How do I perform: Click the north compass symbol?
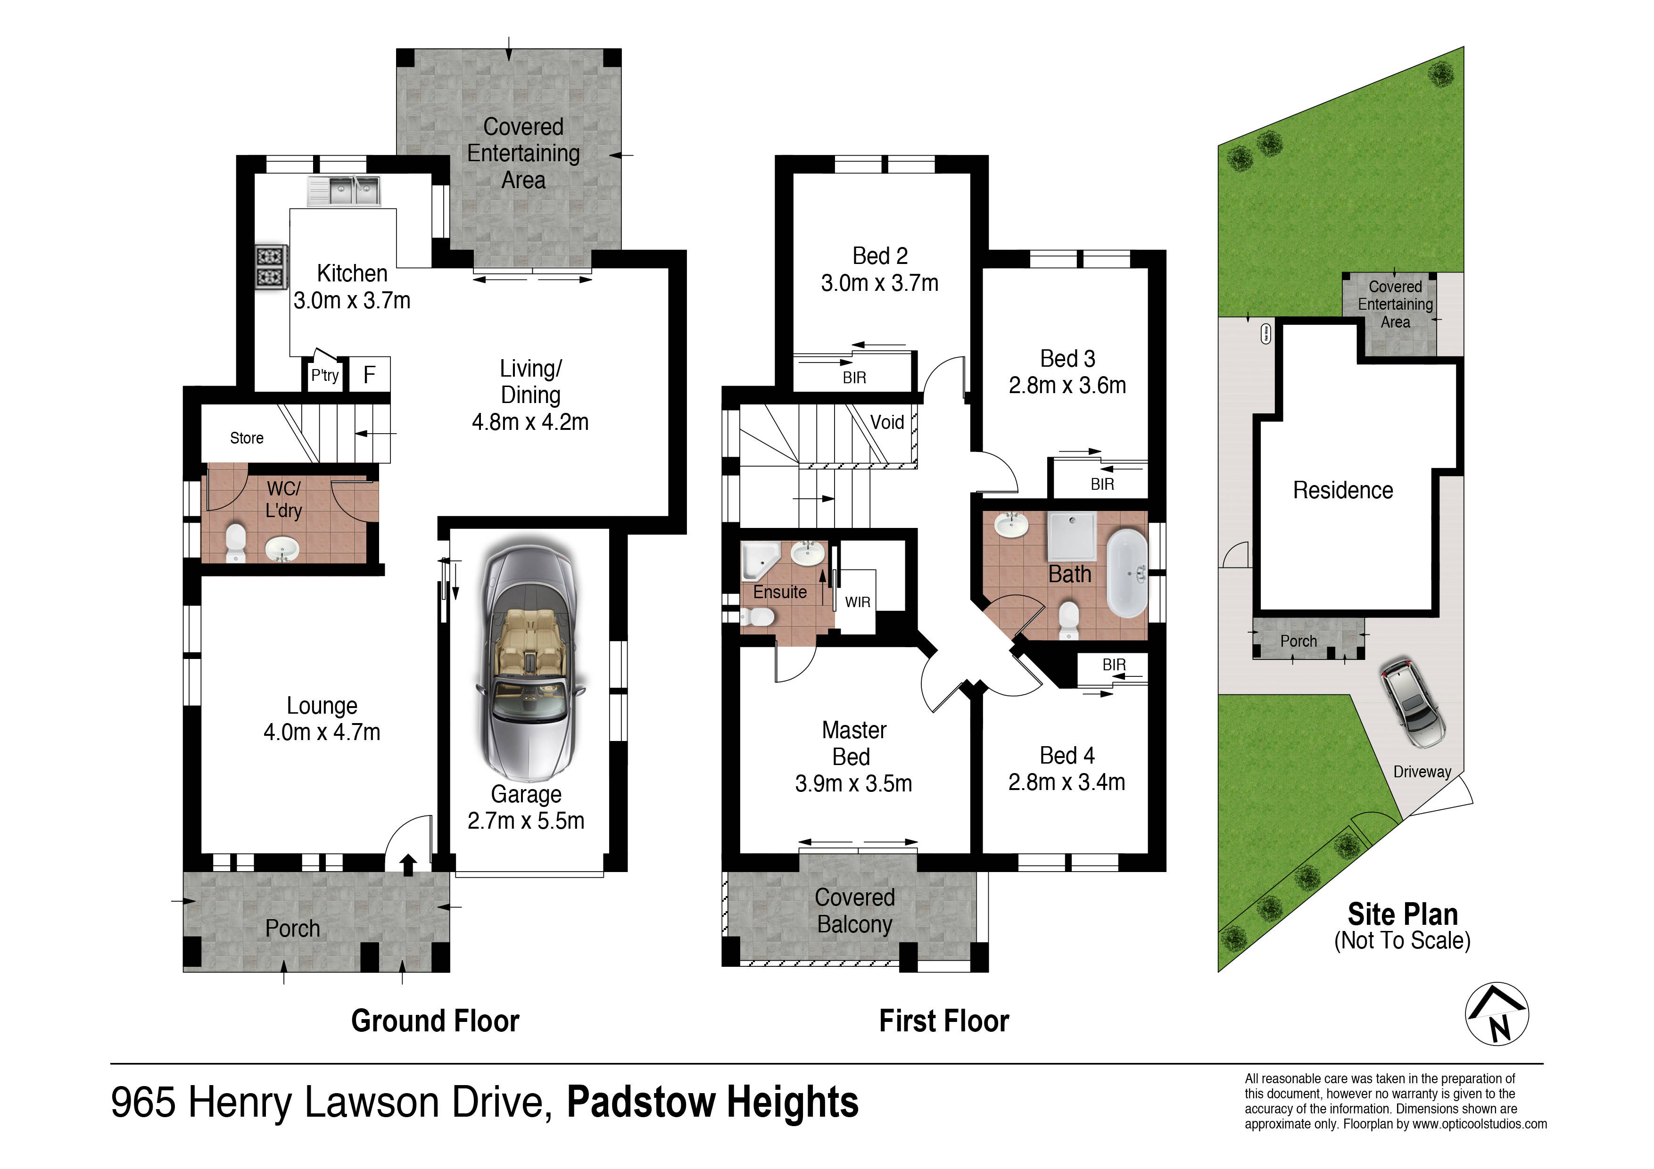1497,1013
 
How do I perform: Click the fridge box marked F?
370,375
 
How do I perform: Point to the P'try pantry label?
325,375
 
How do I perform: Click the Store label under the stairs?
247,438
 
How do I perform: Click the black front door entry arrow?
408,865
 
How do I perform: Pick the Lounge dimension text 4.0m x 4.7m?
322,733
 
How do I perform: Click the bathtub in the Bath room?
1127,573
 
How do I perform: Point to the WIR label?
857,602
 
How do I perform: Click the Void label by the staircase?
887,422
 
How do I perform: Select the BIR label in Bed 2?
854,378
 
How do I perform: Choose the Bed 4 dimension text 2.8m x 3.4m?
1067,782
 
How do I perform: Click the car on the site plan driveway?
1413,703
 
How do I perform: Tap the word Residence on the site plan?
1343,491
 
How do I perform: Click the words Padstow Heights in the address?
713,1103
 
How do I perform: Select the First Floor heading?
944,1021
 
